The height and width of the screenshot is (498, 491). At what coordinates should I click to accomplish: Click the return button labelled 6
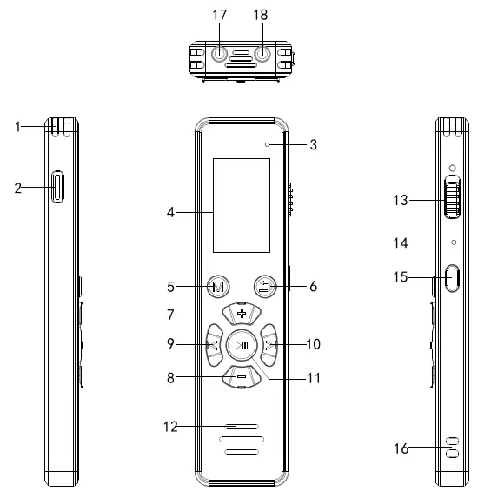[x=265, y=285]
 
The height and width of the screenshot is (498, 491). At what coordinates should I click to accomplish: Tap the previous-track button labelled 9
[x=213, y=344]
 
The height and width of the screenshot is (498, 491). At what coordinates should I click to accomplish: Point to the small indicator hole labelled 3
[x=269, y=144]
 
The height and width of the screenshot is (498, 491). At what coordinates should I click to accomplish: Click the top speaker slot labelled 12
[x=241, y=428]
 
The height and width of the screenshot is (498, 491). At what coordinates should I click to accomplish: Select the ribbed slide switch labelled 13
[x=449, y=197]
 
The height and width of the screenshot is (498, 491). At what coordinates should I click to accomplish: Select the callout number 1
[x=17, y=127]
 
